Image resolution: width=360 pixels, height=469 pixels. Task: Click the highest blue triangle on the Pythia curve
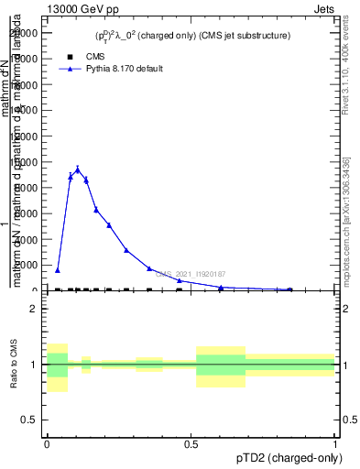[78, 169]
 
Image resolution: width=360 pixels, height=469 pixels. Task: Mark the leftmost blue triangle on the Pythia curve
[57, 270]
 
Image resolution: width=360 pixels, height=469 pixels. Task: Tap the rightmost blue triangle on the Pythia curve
[290, 289]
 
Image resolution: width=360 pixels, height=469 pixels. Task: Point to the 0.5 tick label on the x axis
[191, 443]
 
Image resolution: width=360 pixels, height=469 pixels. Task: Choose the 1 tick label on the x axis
[334, 443]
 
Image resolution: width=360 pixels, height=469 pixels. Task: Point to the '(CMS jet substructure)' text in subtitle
[245, 36]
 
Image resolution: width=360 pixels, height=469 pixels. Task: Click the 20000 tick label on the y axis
[26, 33]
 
